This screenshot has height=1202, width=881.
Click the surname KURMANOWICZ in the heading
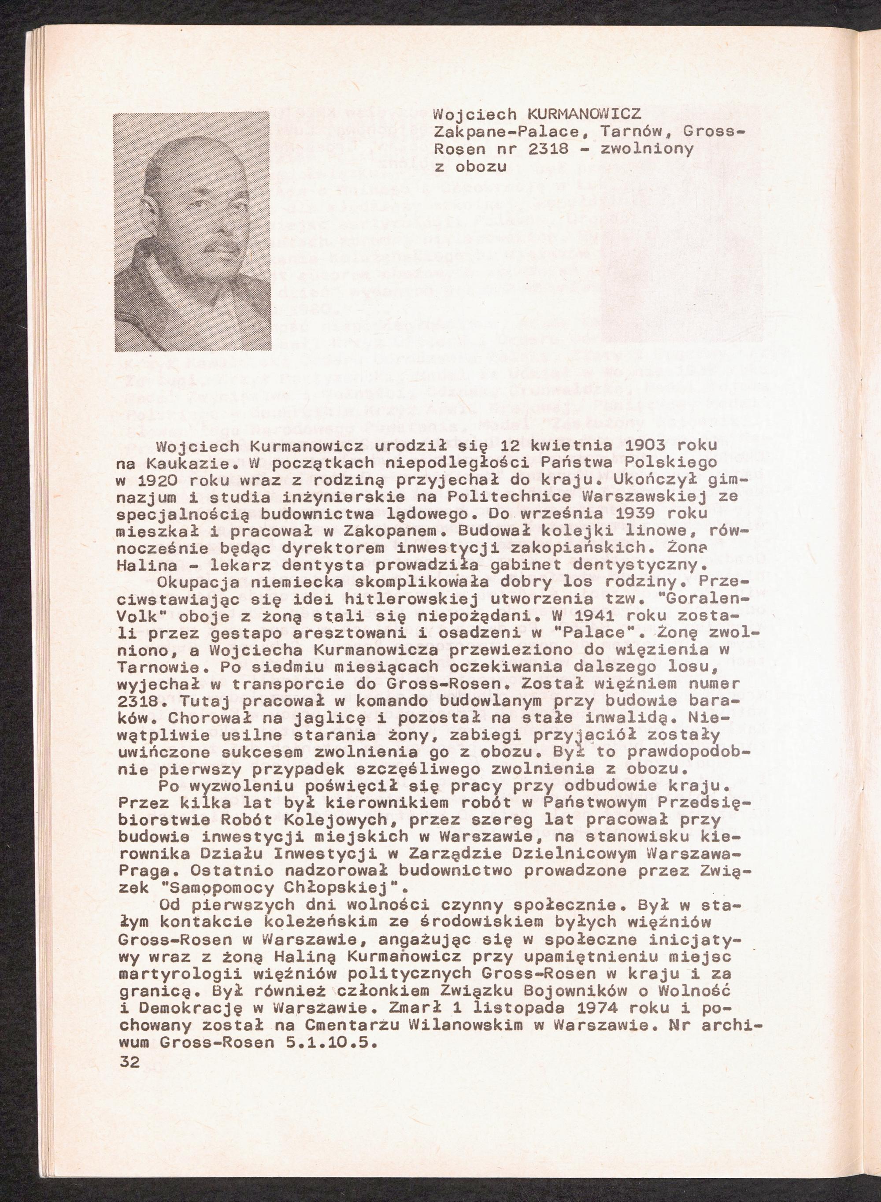[584, 114]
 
